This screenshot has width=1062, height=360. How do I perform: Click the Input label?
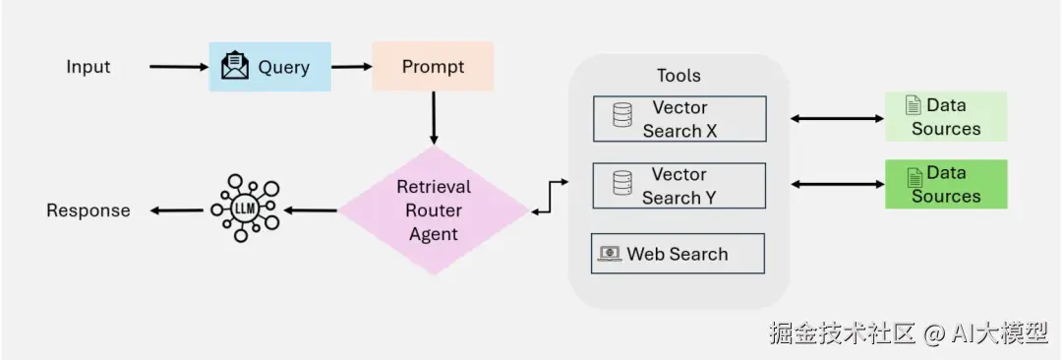point(88,67)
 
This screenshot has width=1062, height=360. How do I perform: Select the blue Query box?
point(269,67)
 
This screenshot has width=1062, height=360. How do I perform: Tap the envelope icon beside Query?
point(236,66)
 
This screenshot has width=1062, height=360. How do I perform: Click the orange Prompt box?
point(433,67)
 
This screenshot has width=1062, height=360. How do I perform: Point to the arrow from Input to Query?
point(180,67)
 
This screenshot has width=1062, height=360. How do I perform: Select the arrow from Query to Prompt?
point(351,67)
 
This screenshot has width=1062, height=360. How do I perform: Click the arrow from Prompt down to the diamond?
point(434,118)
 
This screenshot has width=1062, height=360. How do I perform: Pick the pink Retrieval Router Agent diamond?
point(434,210)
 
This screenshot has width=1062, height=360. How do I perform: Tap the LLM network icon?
point(245,209)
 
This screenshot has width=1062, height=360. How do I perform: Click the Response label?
point(88,210)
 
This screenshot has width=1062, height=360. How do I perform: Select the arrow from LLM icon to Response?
point(176,210)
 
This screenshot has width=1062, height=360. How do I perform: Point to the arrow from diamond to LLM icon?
point(310,210)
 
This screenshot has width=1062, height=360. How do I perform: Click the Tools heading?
point(678,76)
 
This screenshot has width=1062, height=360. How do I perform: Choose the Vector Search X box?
point(680,119)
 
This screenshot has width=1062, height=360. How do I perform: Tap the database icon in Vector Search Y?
point(622,183)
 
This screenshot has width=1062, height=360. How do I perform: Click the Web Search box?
point(678,254)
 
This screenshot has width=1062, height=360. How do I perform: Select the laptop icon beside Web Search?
point(611,254)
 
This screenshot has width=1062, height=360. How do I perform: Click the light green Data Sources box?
point(946,117)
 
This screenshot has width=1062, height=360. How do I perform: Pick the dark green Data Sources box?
point(946,184)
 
